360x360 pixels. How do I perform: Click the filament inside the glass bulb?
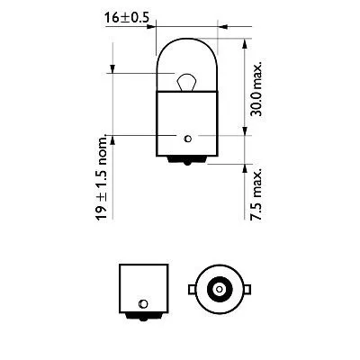click(185, 83)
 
